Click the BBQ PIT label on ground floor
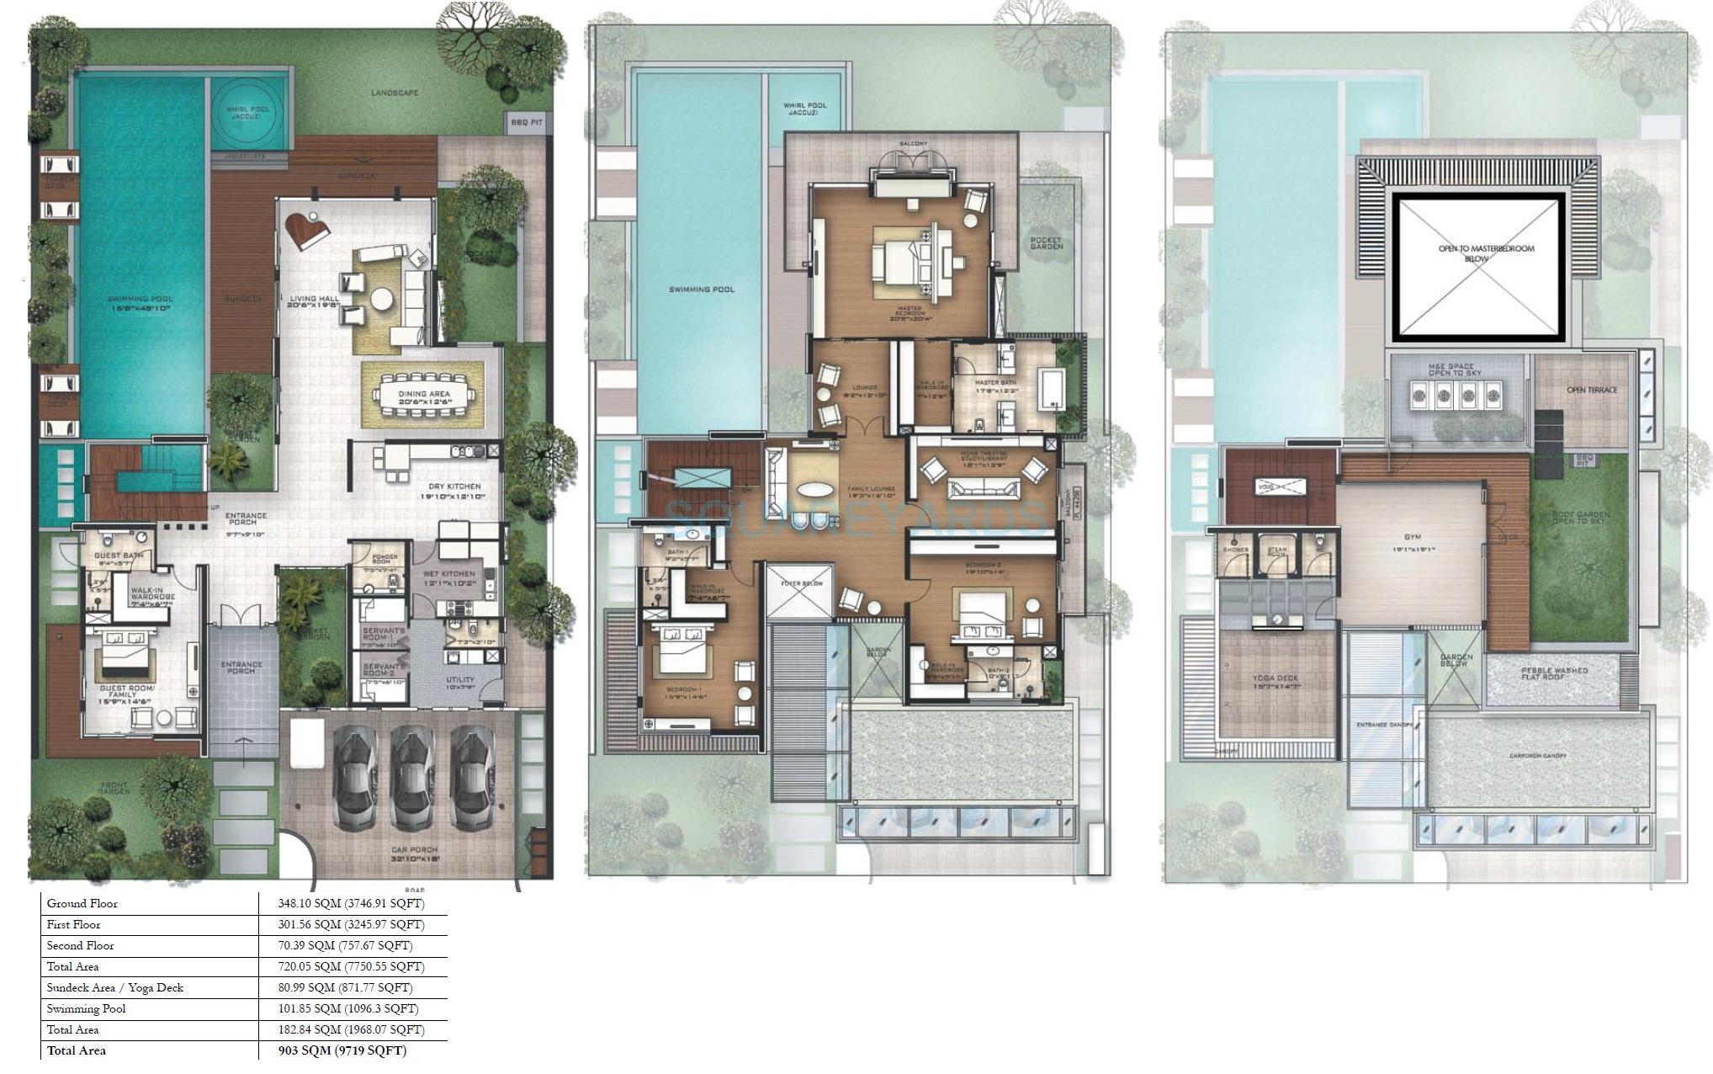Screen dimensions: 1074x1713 point(526,123)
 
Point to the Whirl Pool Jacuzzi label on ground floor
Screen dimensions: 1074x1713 point(247,112)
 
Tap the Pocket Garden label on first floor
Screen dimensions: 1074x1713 point(1046,243)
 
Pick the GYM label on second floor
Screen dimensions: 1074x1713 point(1412,537)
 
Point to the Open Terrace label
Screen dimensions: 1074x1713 point(1591,390)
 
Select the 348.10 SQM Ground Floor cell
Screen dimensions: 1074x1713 point(352,903)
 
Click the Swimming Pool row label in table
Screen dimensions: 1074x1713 point(86,1008)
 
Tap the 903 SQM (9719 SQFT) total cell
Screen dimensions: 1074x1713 point(342,1050)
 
